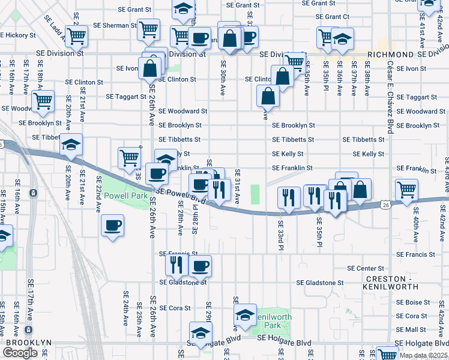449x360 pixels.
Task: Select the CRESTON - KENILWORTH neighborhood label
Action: [x=396, y=284]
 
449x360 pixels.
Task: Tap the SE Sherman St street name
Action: [x=115, y=26]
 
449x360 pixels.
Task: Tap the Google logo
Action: [x=20, y=353]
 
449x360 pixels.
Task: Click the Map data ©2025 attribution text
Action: [x=424, y=355]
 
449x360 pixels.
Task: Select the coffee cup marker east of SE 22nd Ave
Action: [x=112, y=226]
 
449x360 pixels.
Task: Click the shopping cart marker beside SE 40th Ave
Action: [x=406, y=189]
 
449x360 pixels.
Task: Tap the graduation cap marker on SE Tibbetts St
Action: [x=71, y=144]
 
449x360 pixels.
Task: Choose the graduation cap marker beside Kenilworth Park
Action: [x=245, y=314]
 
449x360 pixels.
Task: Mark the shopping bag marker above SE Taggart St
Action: [x=268, y=95]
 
